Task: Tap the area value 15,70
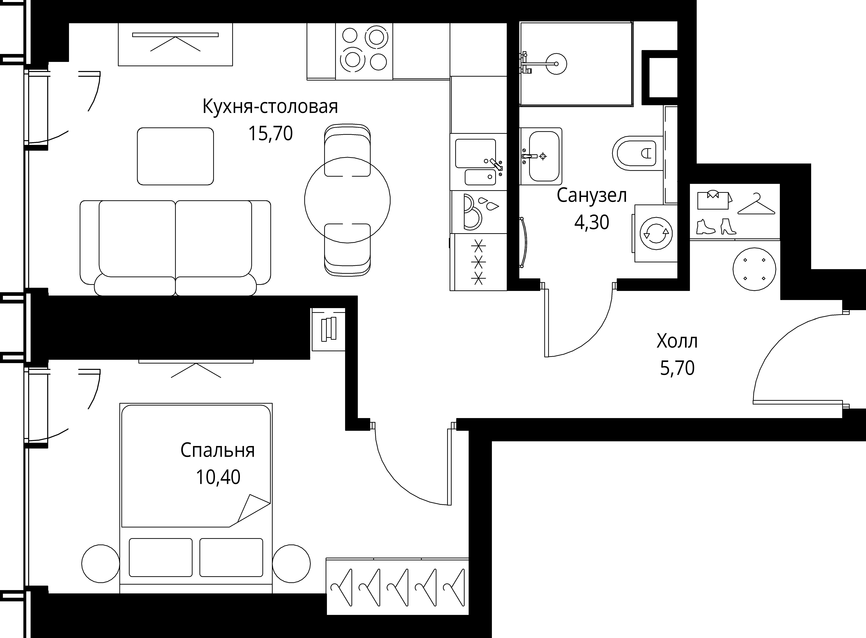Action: (x=270, y=134)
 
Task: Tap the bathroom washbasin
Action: (x=541, y=156)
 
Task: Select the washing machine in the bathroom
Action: (x=655, y=233)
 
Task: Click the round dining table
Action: (x=347, y=200)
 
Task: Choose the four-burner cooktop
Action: (x=364, y=51)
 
